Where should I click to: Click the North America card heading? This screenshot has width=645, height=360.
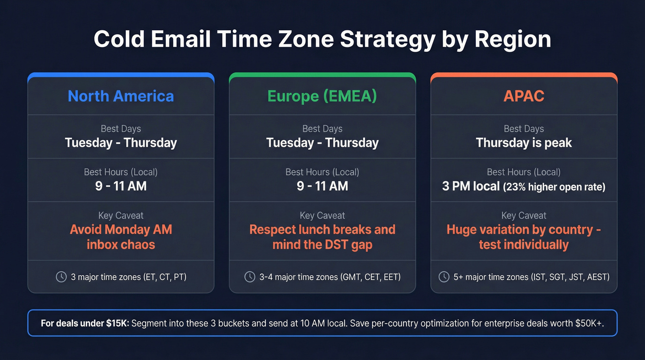(121, 96)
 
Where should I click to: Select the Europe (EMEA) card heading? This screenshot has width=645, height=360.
(322, 96)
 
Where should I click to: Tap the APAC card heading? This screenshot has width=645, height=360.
(524, 96)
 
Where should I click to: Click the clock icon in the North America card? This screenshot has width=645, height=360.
(61, 277)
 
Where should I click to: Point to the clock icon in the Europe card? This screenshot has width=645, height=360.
(250, 277)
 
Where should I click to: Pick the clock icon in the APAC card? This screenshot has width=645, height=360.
(444, 277)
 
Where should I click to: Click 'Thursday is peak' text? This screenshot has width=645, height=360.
(524, 143)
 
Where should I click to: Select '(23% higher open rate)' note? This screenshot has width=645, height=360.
(554, 187)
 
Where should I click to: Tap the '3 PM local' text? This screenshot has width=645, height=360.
(471, 186)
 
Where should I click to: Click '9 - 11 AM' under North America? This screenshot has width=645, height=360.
(121, 186)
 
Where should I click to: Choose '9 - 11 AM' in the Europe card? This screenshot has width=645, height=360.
(322, 186)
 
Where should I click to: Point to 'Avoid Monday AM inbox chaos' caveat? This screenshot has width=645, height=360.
(121, 237)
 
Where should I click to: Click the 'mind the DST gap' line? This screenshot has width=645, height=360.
(322, 244)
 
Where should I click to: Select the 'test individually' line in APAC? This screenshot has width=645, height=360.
(524, 244)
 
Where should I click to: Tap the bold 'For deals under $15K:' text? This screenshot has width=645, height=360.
(85, 323)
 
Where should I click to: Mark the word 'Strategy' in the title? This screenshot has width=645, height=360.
(387, 40)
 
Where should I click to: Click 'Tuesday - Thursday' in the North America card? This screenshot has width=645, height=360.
(121, 143)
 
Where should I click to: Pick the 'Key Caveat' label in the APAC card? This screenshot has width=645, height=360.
(524, 215)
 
